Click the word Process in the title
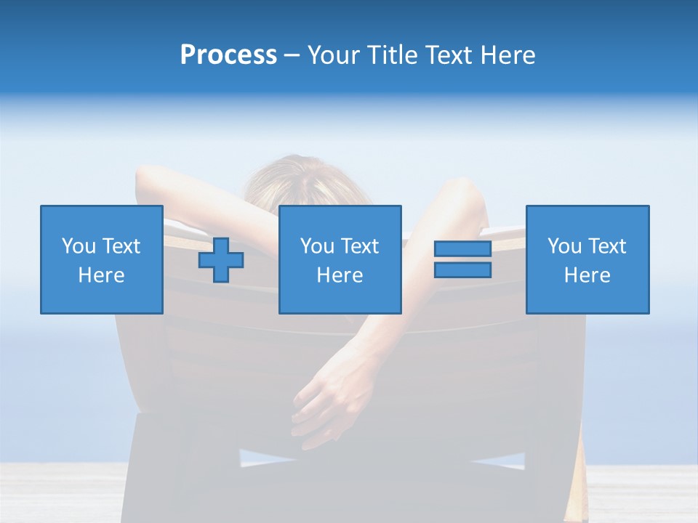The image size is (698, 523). click(228, 55)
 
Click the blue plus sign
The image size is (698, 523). click(221, 261)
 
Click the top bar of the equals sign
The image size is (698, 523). click(462, 249)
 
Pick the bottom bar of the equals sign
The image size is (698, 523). click(462, 269)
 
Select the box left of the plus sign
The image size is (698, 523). click(101, 259)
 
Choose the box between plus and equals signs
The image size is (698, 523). click(340, 259)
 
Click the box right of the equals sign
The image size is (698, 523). click(587, 259)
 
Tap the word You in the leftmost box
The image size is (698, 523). click(78, 246)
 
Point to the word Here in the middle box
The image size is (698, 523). click(340, 275)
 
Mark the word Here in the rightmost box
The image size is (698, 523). click(587, 275)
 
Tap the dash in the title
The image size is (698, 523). click(292, 55)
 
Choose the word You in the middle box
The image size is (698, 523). click(317, 246)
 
